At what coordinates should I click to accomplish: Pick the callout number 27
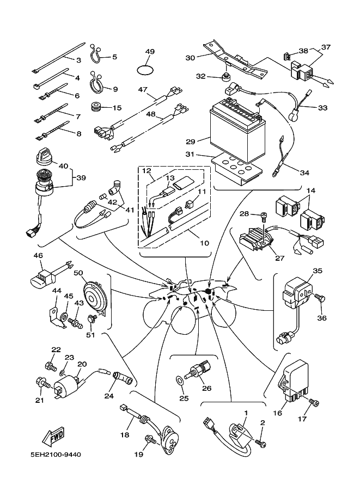coord(280,257)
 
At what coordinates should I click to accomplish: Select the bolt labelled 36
coord(320,298)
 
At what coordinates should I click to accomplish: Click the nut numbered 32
coord(224,74)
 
